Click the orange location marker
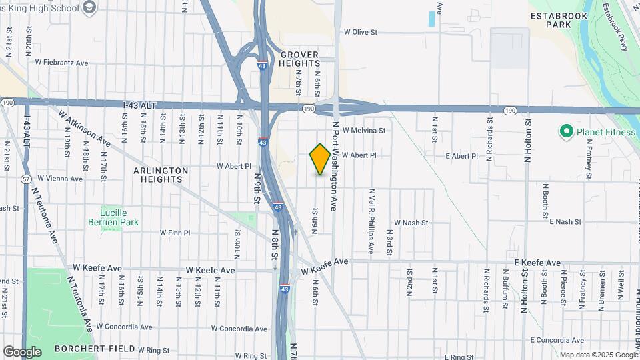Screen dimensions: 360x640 [320, 159]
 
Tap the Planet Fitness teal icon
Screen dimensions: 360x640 [567, 132]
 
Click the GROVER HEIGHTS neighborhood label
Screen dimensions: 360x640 [299, 58]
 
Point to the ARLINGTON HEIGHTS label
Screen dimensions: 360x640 [161, 175]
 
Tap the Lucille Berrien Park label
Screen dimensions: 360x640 [113, 217]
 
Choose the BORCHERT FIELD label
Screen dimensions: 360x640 [90, 349]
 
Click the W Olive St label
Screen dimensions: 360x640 [360, 31]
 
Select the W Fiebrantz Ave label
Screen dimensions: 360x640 [62, 63]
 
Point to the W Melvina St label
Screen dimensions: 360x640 [363, 131]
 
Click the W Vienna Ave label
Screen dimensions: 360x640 [60, 179]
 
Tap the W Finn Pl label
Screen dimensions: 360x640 [175, 233]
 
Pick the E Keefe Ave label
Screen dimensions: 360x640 [537, 263]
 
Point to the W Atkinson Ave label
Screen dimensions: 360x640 [84, 129]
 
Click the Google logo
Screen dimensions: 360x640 [21, 351]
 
